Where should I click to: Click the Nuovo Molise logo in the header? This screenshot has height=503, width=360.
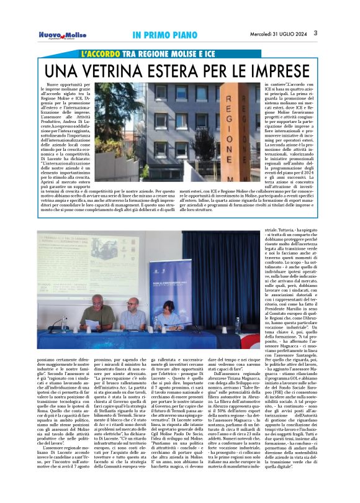click(x=61, y=35)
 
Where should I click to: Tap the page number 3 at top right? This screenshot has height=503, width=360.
click(x=315, y=33)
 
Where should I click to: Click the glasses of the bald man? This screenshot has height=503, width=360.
click(x=133, y=306)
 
